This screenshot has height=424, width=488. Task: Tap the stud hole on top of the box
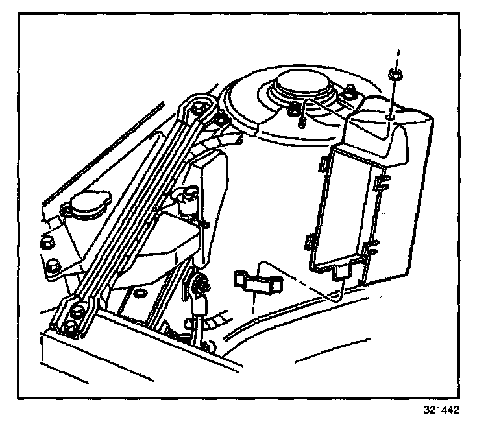coord(388,117)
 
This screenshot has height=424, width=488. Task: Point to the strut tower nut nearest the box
coord(350,91)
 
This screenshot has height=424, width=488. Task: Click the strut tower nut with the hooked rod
coord(298,108)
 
